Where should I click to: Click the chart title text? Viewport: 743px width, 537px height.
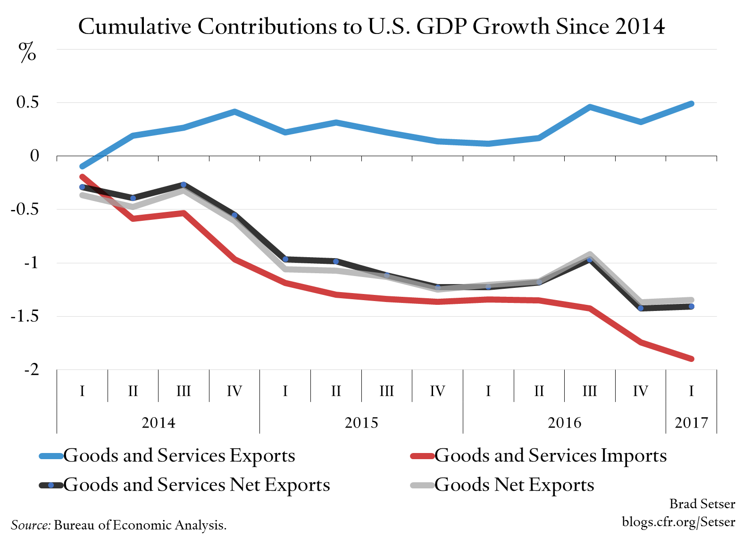pos(371,26)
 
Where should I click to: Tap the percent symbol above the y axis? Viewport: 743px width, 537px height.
pos(27,52)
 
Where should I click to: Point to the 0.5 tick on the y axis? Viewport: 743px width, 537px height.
pos(27,102)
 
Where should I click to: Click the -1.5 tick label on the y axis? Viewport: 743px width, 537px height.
pos(25,316)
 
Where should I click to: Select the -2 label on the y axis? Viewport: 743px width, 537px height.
pos(32,369)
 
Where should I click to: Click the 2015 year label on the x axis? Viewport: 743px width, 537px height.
pos(361,422)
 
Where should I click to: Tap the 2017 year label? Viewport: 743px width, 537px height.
pos(691,422)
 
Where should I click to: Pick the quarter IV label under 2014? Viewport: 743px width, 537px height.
pos(234,391)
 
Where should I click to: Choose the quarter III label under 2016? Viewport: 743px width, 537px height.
pos(590,391)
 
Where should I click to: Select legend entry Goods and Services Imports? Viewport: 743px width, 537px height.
pos(550,455)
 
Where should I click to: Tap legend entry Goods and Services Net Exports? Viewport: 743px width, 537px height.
pos(196,485)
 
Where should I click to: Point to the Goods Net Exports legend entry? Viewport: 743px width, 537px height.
pos(514,485)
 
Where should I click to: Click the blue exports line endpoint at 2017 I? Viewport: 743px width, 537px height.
pos(691,104)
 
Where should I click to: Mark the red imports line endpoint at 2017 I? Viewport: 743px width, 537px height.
pos(691,359)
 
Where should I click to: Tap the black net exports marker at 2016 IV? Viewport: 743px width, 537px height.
pos(641,308)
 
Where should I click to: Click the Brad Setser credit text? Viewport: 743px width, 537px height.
pos(702,504)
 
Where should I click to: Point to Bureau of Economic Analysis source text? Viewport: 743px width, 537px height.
pos(140,525)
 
